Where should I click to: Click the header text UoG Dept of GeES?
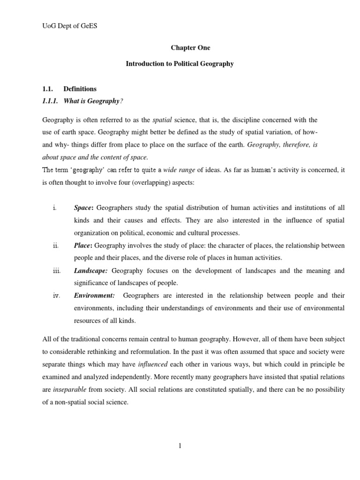(x=66, y=26)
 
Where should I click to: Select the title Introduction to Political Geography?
(x=180, y=64)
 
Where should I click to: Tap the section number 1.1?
(x=47, y=89)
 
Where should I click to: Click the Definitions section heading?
(x=80, y=89)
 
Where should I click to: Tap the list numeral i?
(x=54, y=208)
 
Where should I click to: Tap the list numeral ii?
(x=55, y=246)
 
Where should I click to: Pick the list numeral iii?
(x=56, y=271)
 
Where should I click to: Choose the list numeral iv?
(x=56, y=296)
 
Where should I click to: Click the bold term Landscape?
(x=90, y=271)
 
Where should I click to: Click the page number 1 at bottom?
(x=180, y=446)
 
